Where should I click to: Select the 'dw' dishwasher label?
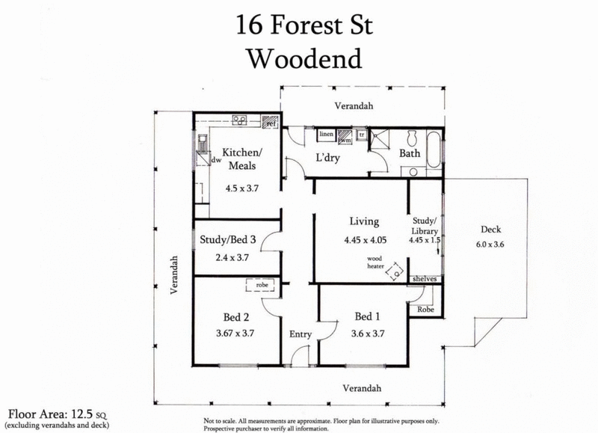click(x=216, y=159)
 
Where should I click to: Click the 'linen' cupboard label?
click(x=327, y=135)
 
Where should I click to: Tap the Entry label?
click(x=300, y=334)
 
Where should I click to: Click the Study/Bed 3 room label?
click(x=229, y=240)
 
